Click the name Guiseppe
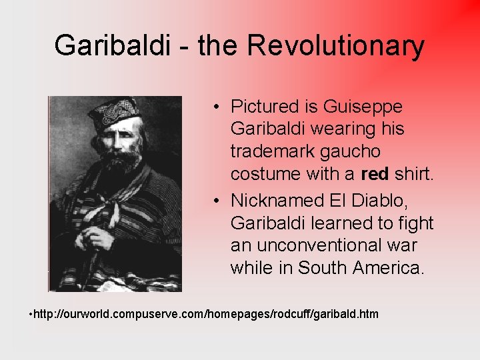pos(363,107)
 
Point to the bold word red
pos(375,175)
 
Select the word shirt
pos(414,175)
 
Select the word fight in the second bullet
pos(415,223)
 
